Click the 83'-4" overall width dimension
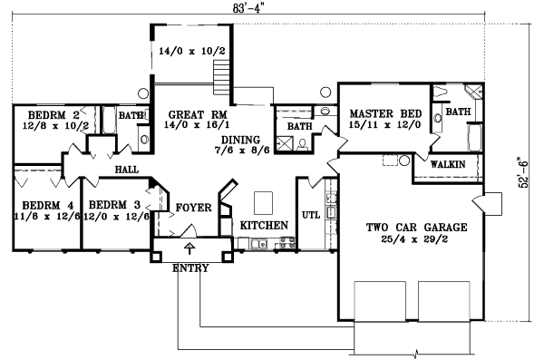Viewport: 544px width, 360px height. [x=243, y=8]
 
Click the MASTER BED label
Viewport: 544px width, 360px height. [x=379, y=113]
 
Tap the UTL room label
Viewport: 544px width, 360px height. [x=310, y=215]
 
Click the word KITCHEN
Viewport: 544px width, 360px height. [x=264, y=225]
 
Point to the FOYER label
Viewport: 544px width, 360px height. [x=193, y=208]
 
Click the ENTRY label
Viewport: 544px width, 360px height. [x=189, y=268]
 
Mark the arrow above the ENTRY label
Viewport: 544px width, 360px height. [x=189, y=248]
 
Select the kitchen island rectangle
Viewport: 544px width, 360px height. [x=264, y=199]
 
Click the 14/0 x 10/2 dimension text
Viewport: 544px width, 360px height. [x=186, y=51]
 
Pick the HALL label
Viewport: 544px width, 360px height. [x=126, y=170]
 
